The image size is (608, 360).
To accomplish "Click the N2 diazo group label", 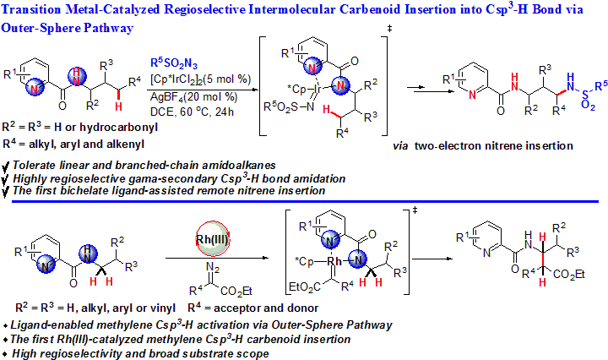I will [214, 273].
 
